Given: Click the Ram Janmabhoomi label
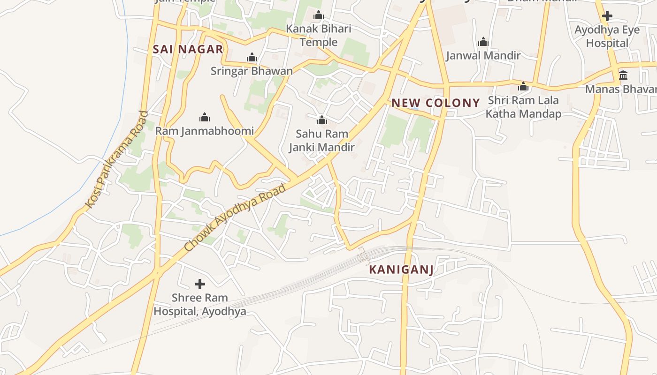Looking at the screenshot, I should pos(204,131).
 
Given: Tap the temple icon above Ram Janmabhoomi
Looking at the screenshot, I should pos(204,117).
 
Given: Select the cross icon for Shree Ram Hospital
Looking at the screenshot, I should pos(200,284).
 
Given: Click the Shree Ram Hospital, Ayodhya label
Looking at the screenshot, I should pos(200,304).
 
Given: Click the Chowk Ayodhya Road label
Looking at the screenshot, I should pos(235,217).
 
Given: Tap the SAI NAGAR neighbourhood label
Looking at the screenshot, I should pos(188,49).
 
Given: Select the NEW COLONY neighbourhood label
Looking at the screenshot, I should pos(436,103).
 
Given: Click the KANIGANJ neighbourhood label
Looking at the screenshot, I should pos(401,270).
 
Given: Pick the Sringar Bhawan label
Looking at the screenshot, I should pos(252,71).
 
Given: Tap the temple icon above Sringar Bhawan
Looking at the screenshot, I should pos(252,58).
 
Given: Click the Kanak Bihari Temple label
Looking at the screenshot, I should pos(319,36).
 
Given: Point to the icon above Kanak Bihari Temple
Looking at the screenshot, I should pos(319,15).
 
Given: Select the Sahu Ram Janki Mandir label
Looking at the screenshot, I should pos(321,140).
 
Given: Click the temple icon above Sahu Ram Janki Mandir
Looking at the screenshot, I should pos(321,120).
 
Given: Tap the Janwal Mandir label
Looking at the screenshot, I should pos(483,55).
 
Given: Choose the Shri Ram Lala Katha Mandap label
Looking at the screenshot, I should pos(523,107).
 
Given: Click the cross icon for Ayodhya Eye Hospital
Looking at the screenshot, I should pos(607,16).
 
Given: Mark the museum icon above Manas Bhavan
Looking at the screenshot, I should pos(623,75).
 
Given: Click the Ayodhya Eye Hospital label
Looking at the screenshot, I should pos(607,37).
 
